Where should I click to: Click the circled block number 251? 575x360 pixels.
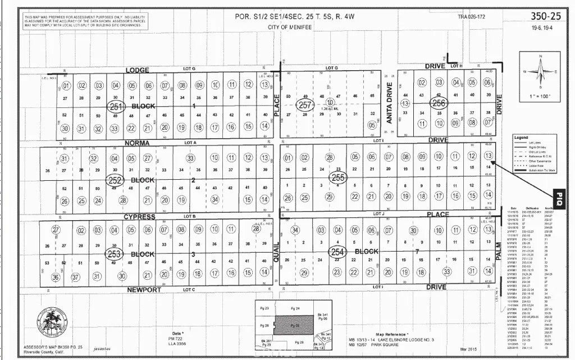(116, 106)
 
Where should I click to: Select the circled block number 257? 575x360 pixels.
(305, 105)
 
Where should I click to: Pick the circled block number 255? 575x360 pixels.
(337, 177)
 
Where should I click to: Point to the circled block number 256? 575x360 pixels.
(439, 102)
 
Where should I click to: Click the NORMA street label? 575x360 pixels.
(138, 143)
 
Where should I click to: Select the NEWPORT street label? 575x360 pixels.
(144, 290)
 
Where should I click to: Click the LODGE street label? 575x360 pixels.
(137, 70)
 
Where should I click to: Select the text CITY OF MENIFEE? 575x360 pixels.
(291, 27)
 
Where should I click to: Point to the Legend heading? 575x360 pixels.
(522, 137)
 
